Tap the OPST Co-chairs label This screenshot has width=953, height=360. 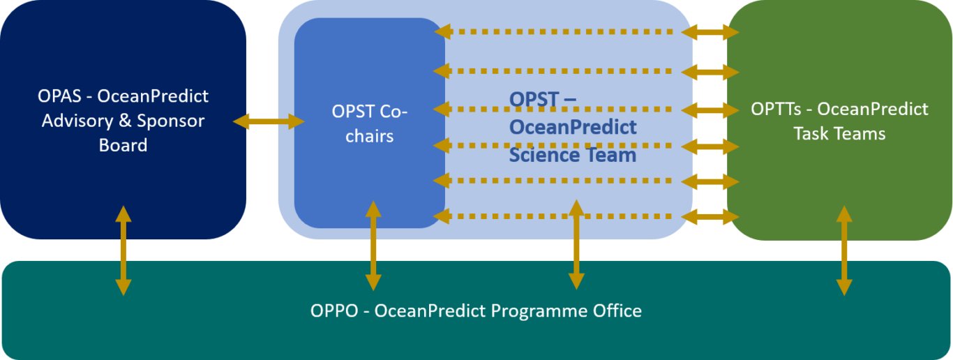[x=369, y=123]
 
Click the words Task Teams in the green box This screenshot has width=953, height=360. [x=839, y=133]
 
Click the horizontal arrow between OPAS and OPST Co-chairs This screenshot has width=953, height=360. [x=269, y=122]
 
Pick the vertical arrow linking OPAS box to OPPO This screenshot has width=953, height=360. [x=123, y=250]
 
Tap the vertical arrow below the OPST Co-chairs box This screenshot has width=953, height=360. [x=373, y=246]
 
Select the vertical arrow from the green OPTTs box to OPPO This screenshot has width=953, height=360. [x=844, y=250]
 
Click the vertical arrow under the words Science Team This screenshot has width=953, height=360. [x=576, y=244]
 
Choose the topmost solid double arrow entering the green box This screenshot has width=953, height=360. [x=710, y=32]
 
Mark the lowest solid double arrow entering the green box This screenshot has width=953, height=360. [x=710, y=217]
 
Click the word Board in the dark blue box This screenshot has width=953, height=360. [x=123, y=145]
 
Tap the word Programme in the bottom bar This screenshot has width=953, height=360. [x=533, y=310]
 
